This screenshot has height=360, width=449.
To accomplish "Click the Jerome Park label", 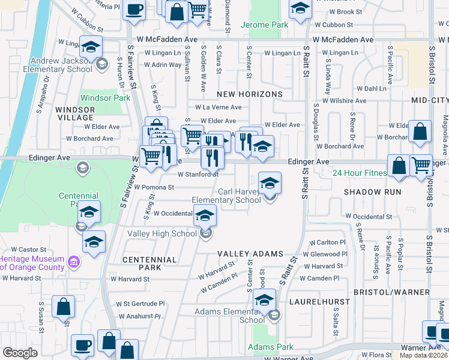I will pyautogui.click(x=264, y=25).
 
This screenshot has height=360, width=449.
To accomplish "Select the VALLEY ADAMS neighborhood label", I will pyautogui.click(x=250, y=254).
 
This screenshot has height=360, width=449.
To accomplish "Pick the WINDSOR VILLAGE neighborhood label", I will pyautogui.click(x=75, y=114).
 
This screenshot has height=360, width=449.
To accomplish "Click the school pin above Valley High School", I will pyautogui.click(x=205, y=215).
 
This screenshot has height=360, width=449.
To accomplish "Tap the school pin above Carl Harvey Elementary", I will pyautogui.click(x=270, y=182).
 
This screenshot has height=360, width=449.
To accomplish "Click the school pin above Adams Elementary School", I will pyautogui.click(x=264, y=299).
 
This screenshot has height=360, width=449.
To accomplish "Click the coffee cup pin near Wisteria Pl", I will pyautogui.click(x=134, y=10).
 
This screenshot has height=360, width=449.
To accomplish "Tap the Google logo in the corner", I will pyautogui.click(x=19, y=353).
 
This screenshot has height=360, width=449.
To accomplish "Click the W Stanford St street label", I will pyautogui.click(x=197, y=175).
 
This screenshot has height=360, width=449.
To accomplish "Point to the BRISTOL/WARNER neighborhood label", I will pyautogui.click(x=391, y=291).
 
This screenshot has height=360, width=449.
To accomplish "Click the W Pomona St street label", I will pyautogui.click(x=154, y=187).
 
